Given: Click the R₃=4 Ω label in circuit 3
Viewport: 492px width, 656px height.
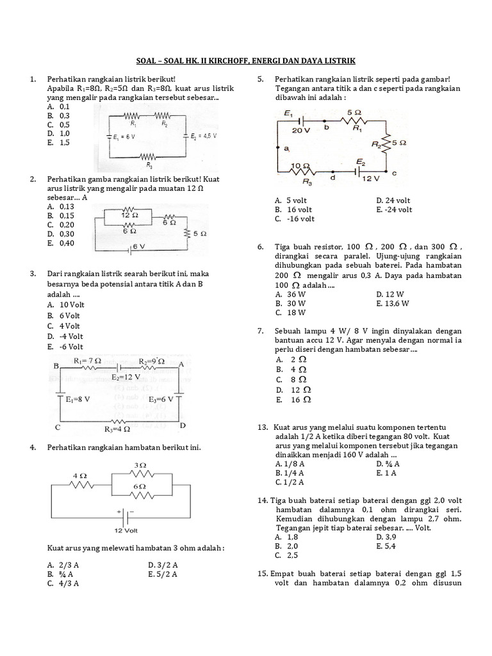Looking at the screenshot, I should pos(117,429).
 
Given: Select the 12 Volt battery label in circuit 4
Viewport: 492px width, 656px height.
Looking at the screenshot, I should pos(127,532).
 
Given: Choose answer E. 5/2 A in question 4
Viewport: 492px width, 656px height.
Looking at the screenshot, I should pos(163,574).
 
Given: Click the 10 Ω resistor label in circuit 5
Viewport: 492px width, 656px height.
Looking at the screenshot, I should pos(298,166).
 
